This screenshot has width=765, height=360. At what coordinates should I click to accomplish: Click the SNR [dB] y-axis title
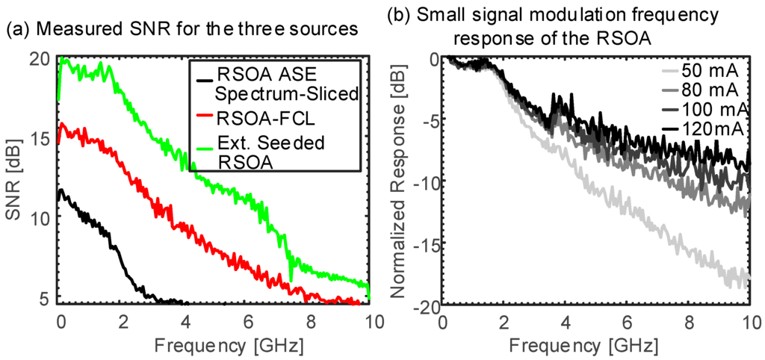[16, 179]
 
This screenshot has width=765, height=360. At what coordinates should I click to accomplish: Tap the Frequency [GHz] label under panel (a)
[216, 346]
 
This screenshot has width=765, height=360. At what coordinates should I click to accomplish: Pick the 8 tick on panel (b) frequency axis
[688, 321]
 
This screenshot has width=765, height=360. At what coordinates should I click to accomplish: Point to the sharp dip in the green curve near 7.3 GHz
[291, 280]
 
